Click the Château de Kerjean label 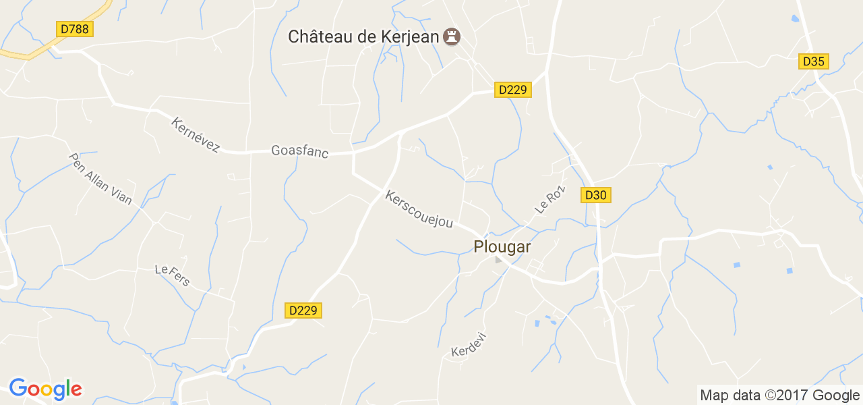(x=363, y=36)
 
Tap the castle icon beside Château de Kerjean (x=452, y=36)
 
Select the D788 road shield (x=74, y=29)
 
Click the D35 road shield (x=814, y=61)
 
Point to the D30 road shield (x=595, y=195)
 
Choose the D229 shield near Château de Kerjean (x=513, y=89)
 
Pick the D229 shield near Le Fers (x=303, y=310)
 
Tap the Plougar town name (x=502, y=247)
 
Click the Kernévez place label (x=196, y=135)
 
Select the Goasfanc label (x=299, y=151)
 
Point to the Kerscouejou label (x=419, y=209)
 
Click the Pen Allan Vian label (x=100, y=178)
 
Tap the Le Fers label (x=173, y=275)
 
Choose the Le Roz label (x=549, y=200)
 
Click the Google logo (x=45, y=389)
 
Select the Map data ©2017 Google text (x=779, y=396)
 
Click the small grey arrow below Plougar (x=498, y=260)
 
